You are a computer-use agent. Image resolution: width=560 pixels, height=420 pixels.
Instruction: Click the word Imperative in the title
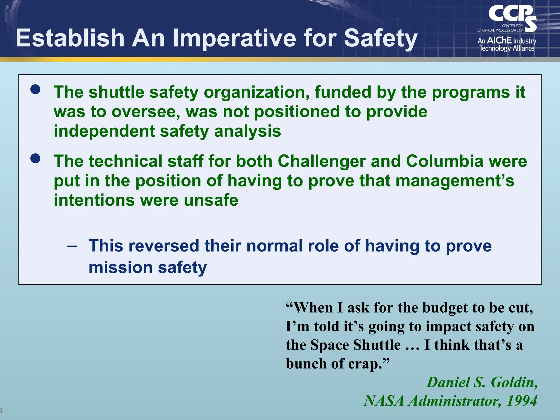234,38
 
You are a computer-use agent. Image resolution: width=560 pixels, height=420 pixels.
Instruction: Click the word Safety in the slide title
381,38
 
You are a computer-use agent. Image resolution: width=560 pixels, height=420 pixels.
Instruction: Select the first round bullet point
36,89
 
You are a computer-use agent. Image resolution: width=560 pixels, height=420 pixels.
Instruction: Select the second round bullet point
36,158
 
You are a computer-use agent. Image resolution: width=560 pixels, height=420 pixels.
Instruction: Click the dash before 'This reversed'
72,246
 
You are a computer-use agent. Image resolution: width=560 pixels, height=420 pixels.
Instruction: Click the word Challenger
322,161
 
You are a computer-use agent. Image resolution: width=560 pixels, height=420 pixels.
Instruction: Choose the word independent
104,131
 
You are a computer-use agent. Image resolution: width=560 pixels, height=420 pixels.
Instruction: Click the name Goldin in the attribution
514,382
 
